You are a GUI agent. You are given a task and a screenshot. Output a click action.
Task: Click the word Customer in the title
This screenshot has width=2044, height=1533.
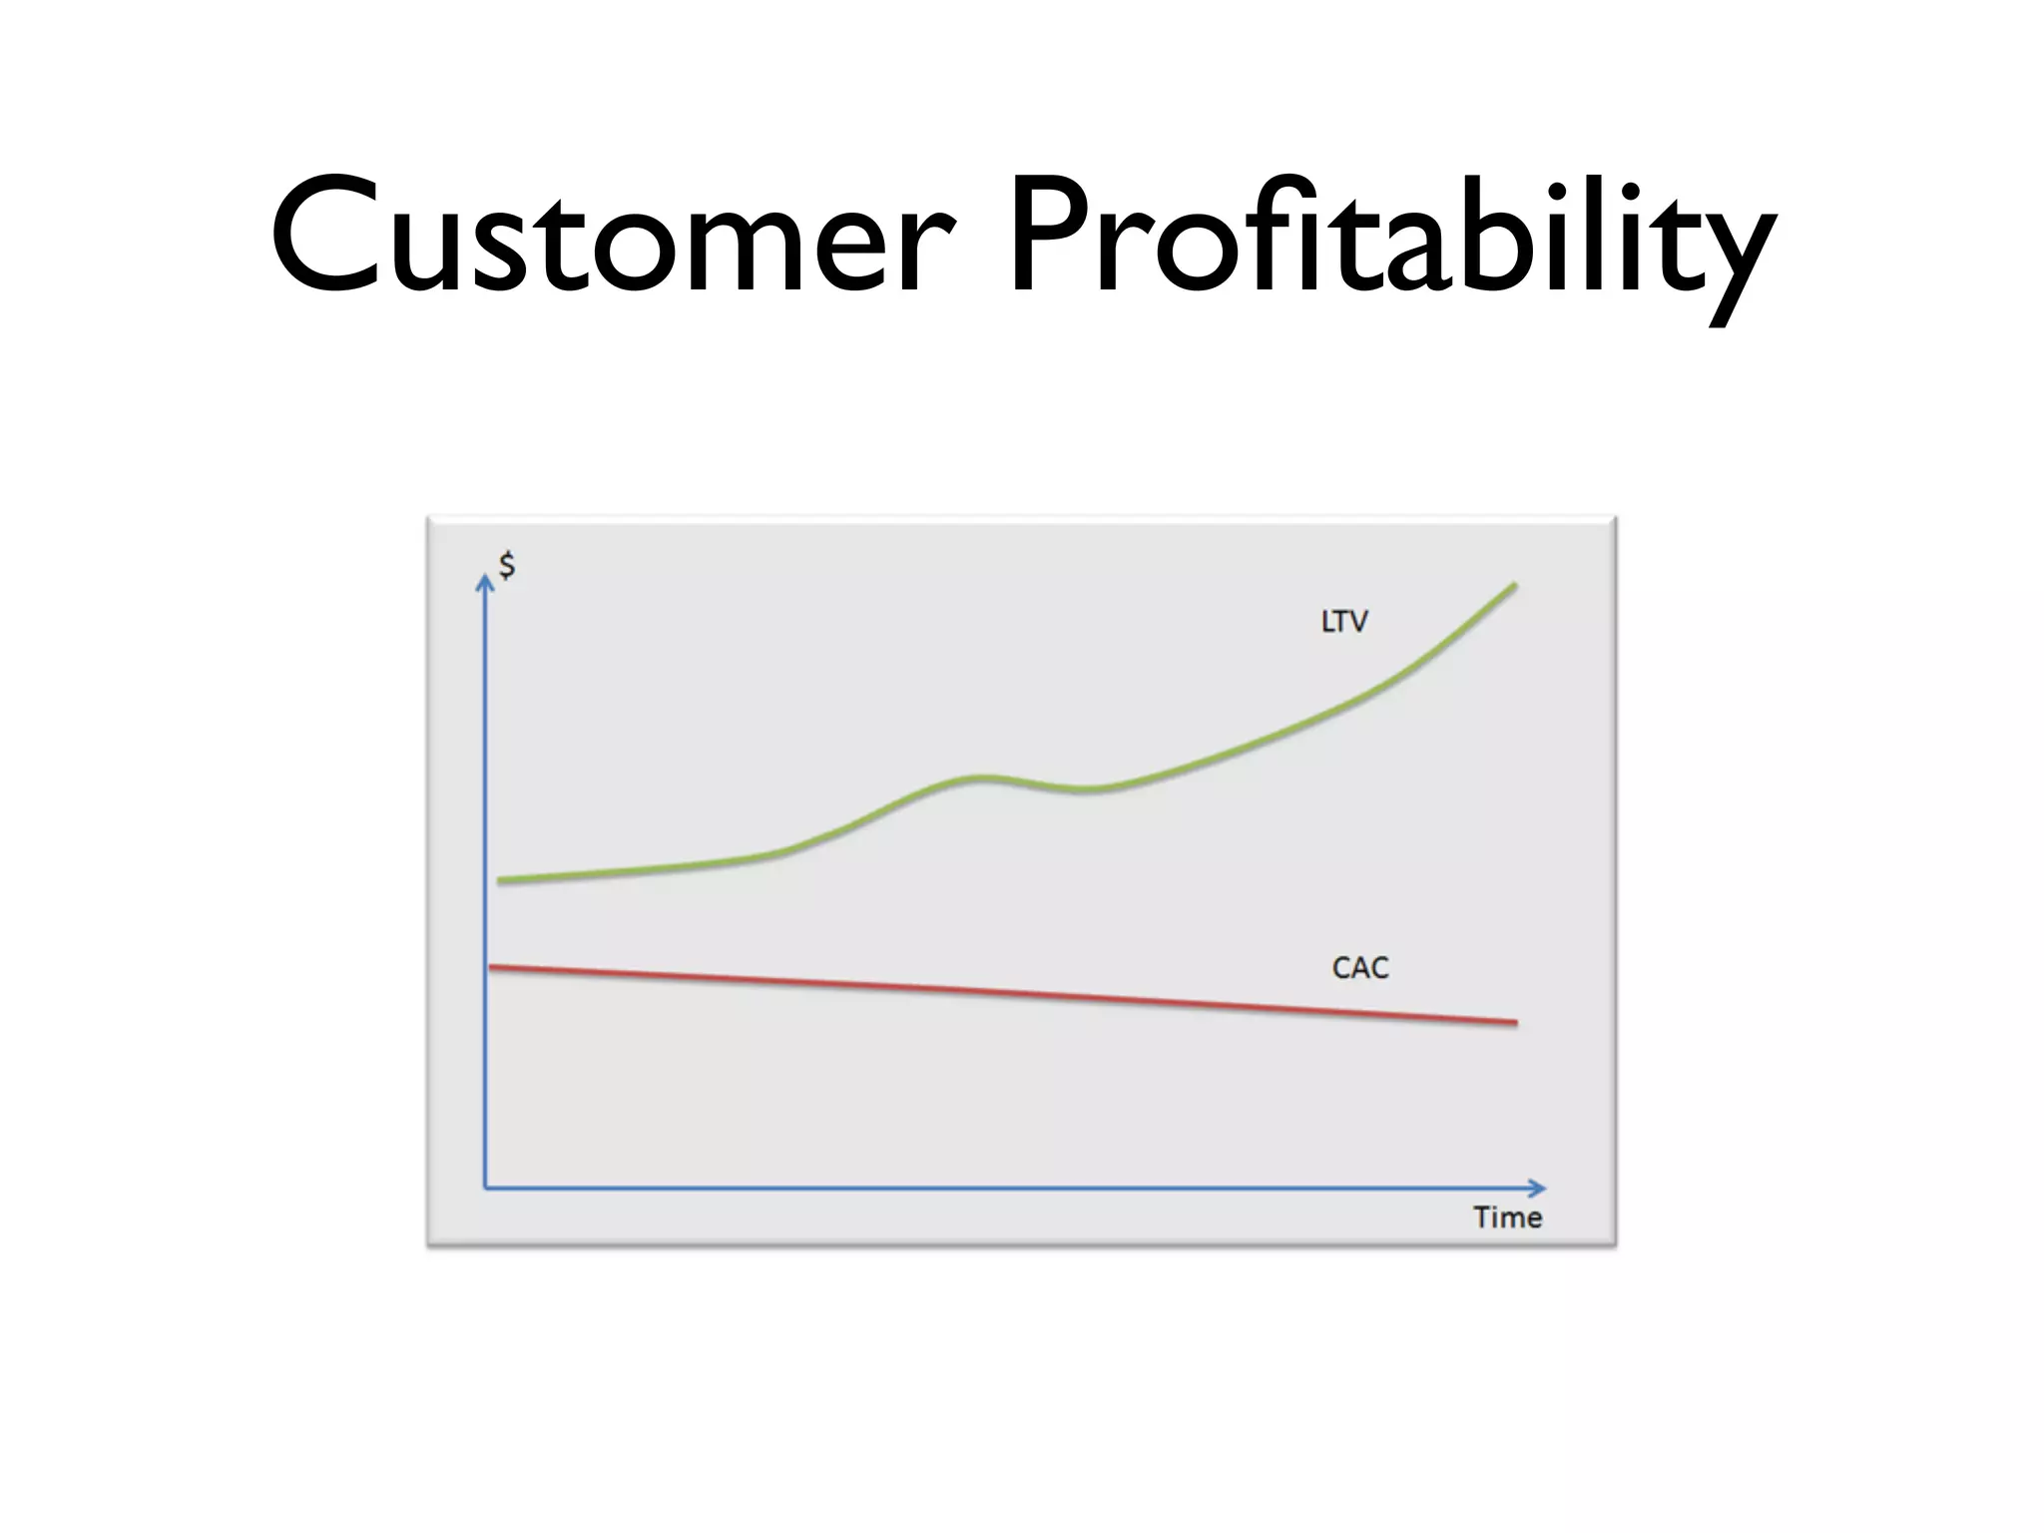coord(611,237)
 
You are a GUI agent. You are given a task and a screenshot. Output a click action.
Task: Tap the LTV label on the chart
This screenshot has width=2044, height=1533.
coord(1344,622)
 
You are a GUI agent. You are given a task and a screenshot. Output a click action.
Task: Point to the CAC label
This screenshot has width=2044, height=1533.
coord(1359,967)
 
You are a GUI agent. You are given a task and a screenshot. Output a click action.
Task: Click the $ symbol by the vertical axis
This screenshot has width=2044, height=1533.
coord(507,566)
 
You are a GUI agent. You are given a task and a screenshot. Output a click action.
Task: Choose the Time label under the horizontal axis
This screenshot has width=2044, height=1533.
coord(1507,1218)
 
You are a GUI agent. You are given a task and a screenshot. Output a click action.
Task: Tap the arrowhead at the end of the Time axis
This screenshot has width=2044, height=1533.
coord(1538,1188)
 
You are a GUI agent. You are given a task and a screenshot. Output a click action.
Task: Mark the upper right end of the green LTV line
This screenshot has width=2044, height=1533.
coord(1514,586)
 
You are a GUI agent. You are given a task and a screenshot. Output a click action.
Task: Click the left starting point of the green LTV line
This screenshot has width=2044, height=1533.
coord(501,880)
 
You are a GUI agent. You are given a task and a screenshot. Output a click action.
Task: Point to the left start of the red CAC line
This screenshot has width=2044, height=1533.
coord(491,966)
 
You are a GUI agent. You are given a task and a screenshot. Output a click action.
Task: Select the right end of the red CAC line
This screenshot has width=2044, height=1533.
coord(1515,1022)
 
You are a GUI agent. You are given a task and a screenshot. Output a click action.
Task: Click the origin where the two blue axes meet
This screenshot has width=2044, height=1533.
coord(485,1188)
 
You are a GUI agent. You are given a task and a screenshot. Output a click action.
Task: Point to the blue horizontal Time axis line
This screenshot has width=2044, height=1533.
coord(998,1188)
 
